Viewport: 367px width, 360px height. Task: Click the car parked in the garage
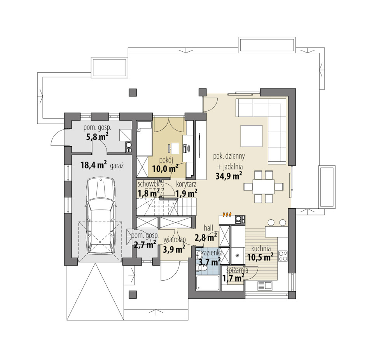coord(101,217)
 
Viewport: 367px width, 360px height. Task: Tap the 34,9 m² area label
coord(229,176)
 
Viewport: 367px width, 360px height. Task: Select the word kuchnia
coord(261,248)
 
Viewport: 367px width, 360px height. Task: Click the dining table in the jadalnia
coord(263,187)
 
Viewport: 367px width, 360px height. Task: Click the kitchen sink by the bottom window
coord(265,286)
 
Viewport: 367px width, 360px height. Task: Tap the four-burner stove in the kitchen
coord(283,256)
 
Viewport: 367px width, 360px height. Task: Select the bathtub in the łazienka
coord(208,283)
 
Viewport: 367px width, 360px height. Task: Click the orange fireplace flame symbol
coord(227,214)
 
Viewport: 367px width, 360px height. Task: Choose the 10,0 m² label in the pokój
coord(165,168)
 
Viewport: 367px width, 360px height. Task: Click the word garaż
coord(117,166)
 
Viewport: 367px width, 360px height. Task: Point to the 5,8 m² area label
coord(97,136)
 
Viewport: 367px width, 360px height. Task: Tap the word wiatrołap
coord(175,240)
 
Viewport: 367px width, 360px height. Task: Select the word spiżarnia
coord(237,271)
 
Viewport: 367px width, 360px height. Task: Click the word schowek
coord(149,184)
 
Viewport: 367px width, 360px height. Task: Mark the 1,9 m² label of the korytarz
coord(186,193)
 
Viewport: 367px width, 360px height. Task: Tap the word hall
coord(208,228)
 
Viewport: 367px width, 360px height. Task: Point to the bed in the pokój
coord(144,138)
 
